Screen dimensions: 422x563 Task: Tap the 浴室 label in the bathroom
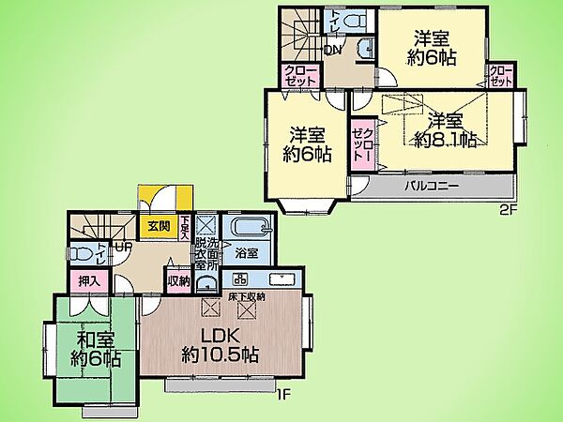pos(247,253)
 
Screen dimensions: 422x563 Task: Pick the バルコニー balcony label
pos(432,186)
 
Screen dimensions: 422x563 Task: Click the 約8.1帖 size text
pos(446,140)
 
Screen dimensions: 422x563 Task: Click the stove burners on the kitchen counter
pos(238,279)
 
